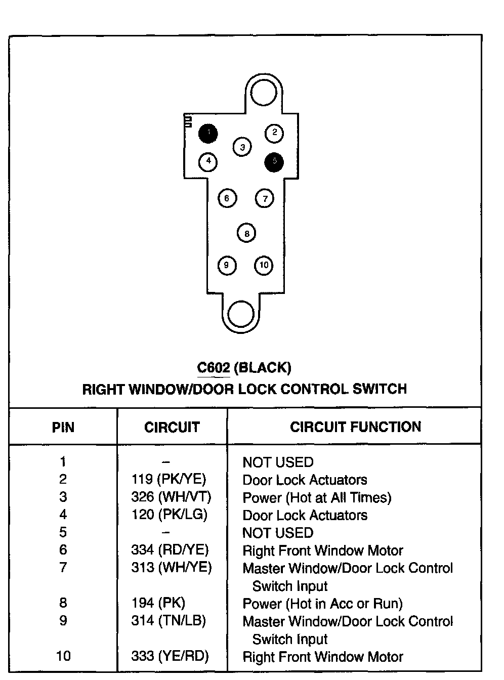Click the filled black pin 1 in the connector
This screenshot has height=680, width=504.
[208, 134]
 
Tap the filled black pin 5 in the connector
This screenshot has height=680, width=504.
[274, 162]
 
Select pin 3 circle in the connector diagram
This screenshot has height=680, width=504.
[242, 147]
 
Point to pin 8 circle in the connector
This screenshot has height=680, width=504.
[246, 233]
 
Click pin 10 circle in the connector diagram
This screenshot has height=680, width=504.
[264, 265]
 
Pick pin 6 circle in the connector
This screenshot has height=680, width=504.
[227, 198]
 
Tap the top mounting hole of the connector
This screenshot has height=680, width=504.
[263, 93]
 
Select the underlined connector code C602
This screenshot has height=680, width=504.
[214, 368]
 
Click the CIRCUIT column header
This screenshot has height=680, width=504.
[172, 428]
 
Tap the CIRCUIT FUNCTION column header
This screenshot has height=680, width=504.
[355, 427]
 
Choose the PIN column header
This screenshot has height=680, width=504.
[63, 428]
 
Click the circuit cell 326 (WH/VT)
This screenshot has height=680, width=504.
[171, 497]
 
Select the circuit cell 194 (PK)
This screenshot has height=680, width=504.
[158, 603]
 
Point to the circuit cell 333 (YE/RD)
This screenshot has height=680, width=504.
[170, 656]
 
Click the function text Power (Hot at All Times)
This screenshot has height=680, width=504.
[317, 498]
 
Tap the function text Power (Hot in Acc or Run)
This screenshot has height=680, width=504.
[322, 604]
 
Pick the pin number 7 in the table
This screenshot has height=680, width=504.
[63, 568]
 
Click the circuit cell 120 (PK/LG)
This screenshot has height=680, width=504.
[170, 515]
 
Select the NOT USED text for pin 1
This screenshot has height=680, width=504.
[278, 462]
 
